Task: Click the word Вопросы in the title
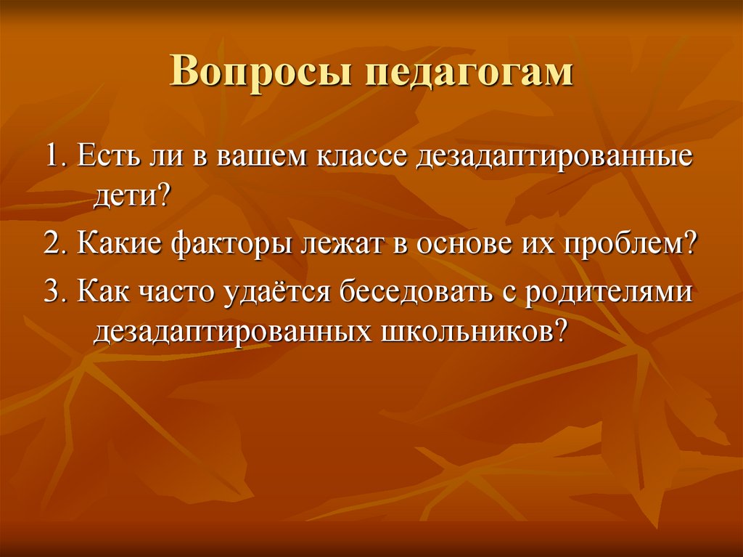(261, 72)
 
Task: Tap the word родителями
(609, 292)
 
